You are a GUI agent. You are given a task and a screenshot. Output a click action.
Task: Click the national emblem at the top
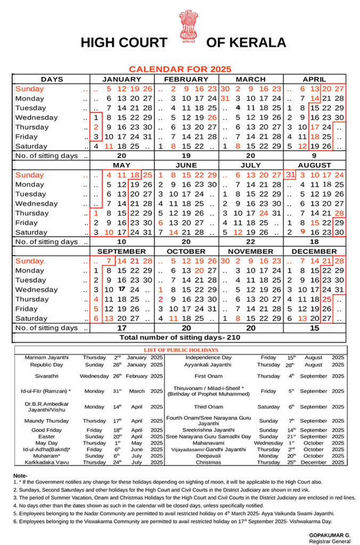point(187,26)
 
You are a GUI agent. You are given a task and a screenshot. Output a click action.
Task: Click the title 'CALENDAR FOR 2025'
point(180,69)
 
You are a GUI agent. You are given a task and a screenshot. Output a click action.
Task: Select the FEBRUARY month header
point(186,79)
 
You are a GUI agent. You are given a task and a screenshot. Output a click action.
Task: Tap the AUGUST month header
point(314,166)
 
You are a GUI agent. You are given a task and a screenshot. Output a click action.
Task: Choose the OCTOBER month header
point(186,251)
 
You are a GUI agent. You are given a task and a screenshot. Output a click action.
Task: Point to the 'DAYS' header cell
point(52,79)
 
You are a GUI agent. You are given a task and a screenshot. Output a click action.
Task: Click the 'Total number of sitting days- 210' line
point(179,337)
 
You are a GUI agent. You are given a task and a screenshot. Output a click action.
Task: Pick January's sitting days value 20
point(121,156)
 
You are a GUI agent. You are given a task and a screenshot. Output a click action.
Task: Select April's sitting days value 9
point(314,156)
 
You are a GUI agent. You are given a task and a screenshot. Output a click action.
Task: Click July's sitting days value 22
point(250,242)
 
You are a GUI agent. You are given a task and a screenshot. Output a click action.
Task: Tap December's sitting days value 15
point(314,328)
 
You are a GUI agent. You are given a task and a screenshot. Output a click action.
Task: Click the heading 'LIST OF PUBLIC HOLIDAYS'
point(181,350)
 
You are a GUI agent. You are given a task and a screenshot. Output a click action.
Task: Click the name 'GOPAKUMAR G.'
point(330,534)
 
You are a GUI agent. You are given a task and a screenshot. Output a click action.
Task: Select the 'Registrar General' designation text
point(330,541)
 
